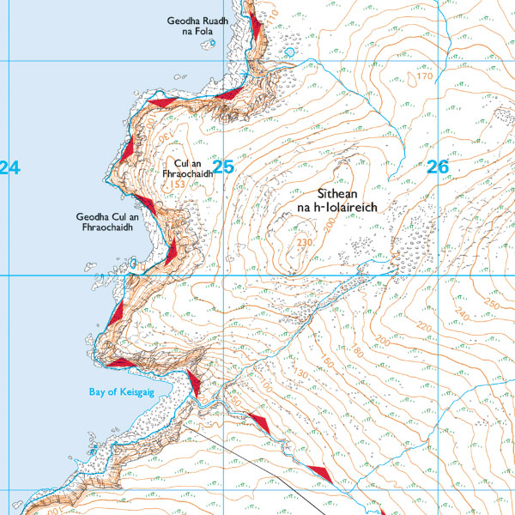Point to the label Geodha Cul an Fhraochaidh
[x=107, y=223]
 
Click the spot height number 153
[x=178, y=185]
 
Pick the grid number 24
[x=9, y=168]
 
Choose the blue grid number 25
[x=222, y=167]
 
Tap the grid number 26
[x=437, y=167]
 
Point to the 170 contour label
[x=424, y=77]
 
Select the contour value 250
[x=491, y=306]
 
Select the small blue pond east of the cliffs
[x=291, y=51]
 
